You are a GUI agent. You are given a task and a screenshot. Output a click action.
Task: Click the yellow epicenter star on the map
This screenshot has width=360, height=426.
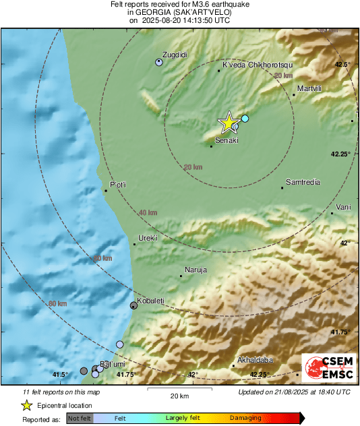(x=229, y=123)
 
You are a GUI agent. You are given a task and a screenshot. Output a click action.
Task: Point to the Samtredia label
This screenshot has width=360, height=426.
(x=303, y=182)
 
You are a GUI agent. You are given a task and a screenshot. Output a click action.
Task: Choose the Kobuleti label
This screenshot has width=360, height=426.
(x=151, y=301)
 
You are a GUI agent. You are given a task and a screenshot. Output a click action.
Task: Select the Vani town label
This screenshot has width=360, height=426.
(x=343, y=207)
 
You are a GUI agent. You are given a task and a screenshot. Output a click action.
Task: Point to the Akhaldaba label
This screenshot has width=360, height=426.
(x=255, y=360)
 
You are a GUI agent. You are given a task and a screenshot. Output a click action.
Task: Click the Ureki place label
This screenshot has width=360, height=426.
(x=148, y=238)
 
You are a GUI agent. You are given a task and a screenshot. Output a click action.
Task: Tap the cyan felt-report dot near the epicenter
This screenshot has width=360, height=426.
(x=245, y=119)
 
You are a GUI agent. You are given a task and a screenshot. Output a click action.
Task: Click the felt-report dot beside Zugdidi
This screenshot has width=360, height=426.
(x=159, y=62)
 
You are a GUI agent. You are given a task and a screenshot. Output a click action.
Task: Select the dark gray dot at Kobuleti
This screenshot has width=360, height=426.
(x=133, y=306)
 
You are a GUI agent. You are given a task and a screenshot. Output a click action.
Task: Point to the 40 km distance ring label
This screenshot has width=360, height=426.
(x=148, y=213)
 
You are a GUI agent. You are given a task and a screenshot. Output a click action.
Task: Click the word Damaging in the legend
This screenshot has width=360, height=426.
(x=245, y=418)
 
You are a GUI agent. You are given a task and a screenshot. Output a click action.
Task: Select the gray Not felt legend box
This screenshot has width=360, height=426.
(x=80, y=419)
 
